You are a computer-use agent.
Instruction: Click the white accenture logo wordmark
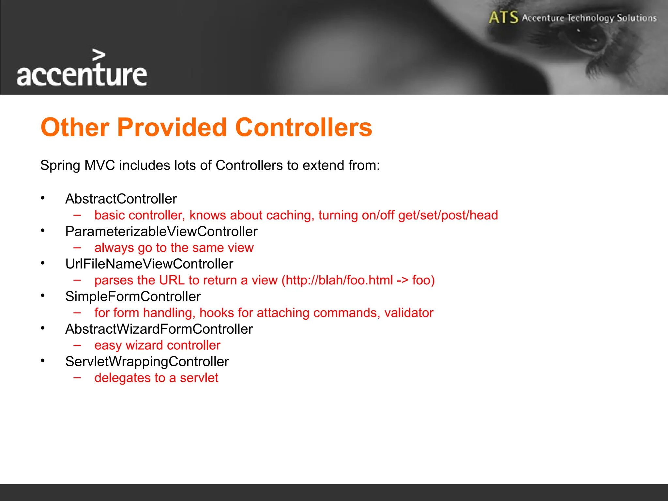point(82,75)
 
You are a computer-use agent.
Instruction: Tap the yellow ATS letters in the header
point(503,17)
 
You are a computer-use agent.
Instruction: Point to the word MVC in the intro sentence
point(99,165)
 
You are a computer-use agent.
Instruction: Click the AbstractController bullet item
point(121,199)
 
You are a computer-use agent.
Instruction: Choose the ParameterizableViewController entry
point(161,232)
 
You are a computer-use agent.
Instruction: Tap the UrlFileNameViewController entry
point(149,264)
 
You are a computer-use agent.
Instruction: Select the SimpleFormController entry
point(133,296)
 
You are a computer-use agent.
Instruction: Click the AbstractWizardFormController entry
point(159,329)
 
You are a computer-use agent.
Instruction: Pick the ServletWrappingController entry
point(147,362)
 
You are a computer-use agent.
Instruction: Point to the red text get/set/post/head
point(448,215)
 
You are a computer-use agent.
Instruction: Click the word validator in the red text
point(409,313)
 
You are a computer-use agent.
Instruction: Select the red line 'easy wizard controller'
point(157,345)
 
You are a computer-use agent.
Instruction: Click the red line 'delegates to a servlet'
point(156,378)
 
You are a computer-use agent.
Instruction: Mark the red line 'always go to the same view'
point(174,248)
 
